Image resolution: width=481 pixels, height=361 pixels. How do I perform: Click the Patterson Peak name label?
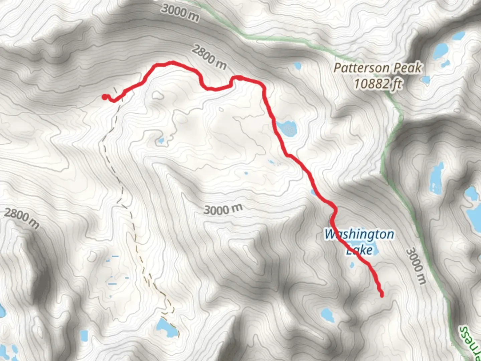point(378,68)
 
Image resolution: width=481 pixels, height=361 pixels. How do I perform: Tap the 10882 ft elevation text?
point(378,84)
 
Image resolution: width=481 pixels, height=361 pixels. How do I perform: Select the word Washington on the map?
point(359,234)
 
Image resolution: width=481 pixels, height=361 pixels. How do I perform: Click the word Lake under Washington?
point(359,250)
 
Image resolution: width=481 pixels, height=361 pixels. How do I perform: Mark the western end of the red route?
point(105,97)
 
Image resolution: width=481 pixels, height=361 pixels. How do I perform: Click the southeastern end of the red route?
point(381,295)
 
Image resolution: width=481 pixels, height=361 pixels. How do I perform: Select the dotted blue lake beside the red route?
point(287,128)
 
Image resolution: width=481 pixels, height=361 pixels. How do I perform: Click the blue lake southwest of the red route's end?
point(327,314)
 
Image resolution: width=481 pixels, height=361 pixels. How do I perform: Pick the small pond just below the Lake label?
point(351,266)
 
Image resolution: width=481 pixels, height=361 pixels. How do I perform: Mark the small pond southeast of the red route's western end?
point(161,141)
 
